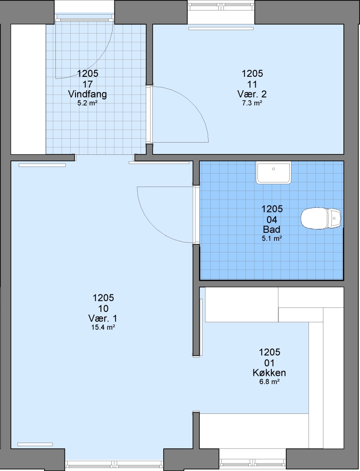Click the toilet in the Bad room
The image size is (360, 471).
coord(321,218)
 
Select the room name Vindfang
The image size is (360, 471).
coord(87,94)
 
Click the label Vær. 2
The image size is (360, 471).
coord(252,94)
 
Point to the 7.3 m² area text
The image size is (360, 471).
coord(252,103)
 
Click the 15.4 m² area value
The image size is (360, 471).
coord(103,328)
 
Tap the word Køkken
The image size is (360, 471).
coord(269,373)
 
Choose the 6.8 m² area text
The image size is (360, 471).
coord(269,382)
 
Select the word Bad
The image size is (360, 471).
coord(272,229)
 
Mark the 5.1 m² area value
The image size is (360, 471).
coord(272,239)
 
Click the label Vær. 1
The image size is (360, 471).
coord(103,318)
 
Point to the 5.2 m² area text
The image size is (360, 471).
coord(87,103)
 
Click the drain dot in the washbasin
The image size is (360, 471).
coord(274,169)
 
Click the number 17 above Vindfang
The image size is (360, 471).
coord(87,84)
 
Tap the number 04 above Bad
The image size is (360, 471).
coord(272,219)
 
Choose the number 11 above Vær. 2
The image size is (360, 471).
coord(252,84)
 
